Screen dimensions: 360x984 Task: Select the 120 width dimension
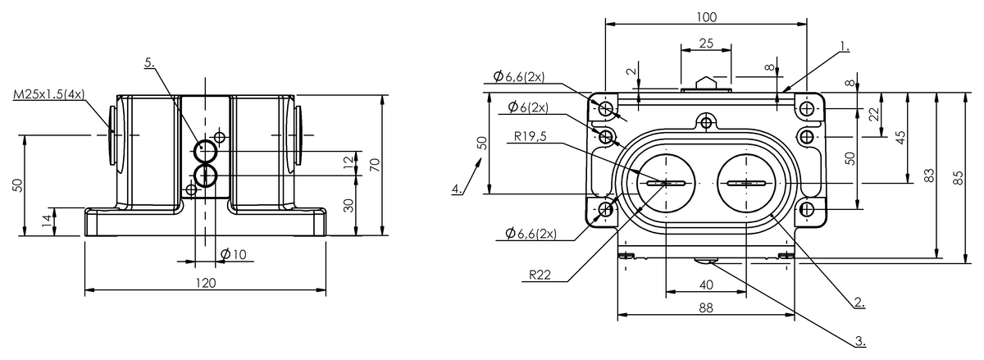point(205,283)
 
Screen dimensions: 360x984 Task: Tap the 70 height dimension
point(375,165)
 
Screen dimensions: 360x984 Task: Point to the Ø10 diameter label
point(233,255)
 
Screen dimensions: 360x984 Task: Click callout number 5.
point(148,62)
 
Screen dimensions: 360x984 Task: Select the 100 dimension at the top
point(706,16)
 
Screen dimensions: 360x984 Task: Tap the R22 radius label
point(539,276)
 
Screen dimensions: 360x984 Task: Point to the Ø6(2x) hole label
point(528,107)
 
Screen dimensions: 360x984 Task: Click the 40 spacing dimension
point(706,285)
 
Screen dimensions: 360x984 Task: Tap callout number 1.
point(845,48)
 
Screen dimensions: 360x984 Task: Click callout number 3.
point(859,339)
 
